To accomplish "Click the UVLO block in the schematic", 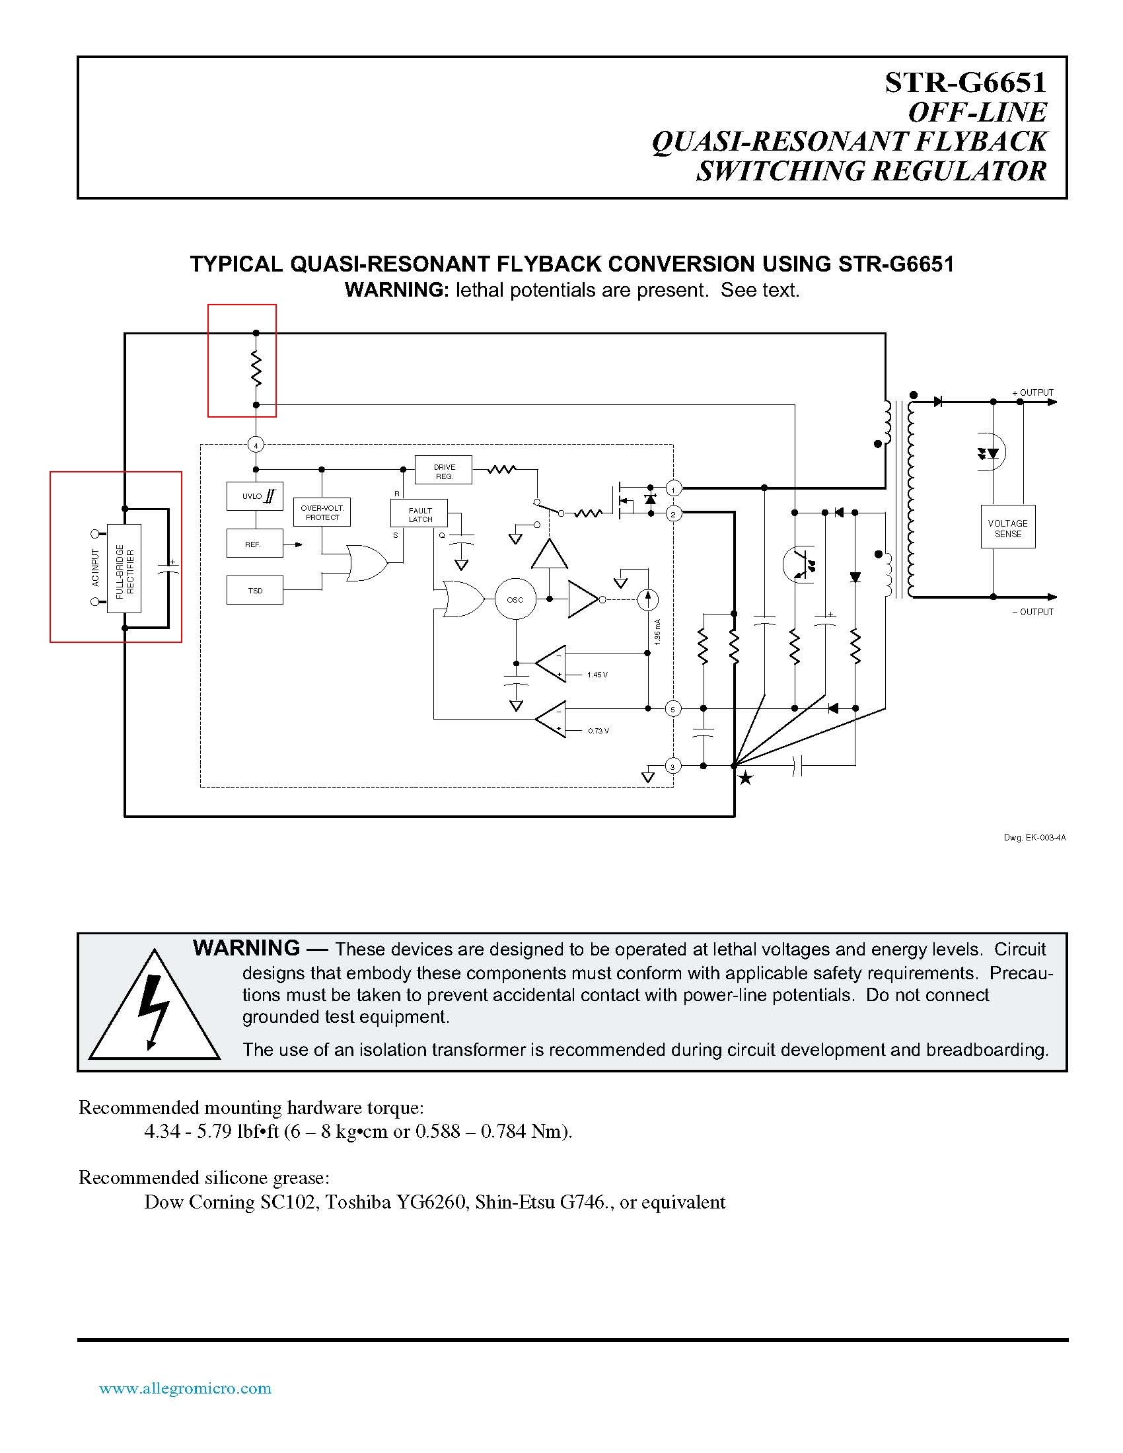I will point(254,496).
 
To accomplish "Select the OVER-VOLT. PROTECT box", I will point(322,512).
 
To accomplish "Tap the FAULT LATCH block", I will point(419,515).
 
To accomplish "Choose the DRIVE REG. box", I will point(444,471).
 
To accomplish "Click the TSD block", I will point(255,590).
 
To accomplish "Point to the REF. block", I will point(254,544).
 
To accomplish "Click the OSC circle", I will point(515,599).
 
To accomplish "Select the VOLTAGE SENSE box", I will point(1007,528).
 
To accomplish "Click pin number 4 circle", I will point(256,445).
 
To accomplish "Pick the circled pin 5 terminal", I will point(672,709).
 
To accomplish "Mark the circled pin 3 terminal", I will point(672,766).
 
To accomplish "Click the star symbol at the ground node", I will point(746,778).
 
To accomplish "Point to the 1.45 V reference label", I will point(597,675).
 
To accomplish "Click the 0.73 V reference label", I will point(598,731).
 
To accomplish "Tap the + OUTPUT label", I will point(1032,392).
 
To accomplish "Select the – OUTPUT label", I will point(1032,612).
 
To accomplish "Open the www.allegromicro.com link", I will point(185,1388).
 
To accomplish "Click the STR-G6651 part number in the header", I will point(964,83).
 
